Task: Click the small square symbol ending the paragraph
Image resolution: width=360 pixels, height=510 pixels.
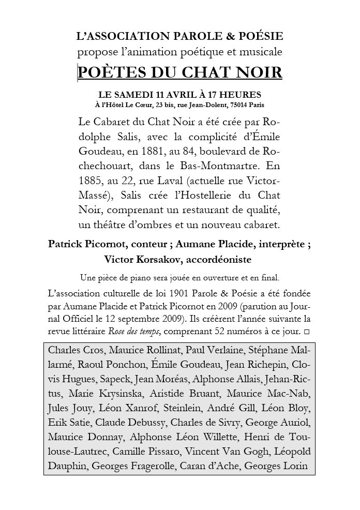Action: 308,330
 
